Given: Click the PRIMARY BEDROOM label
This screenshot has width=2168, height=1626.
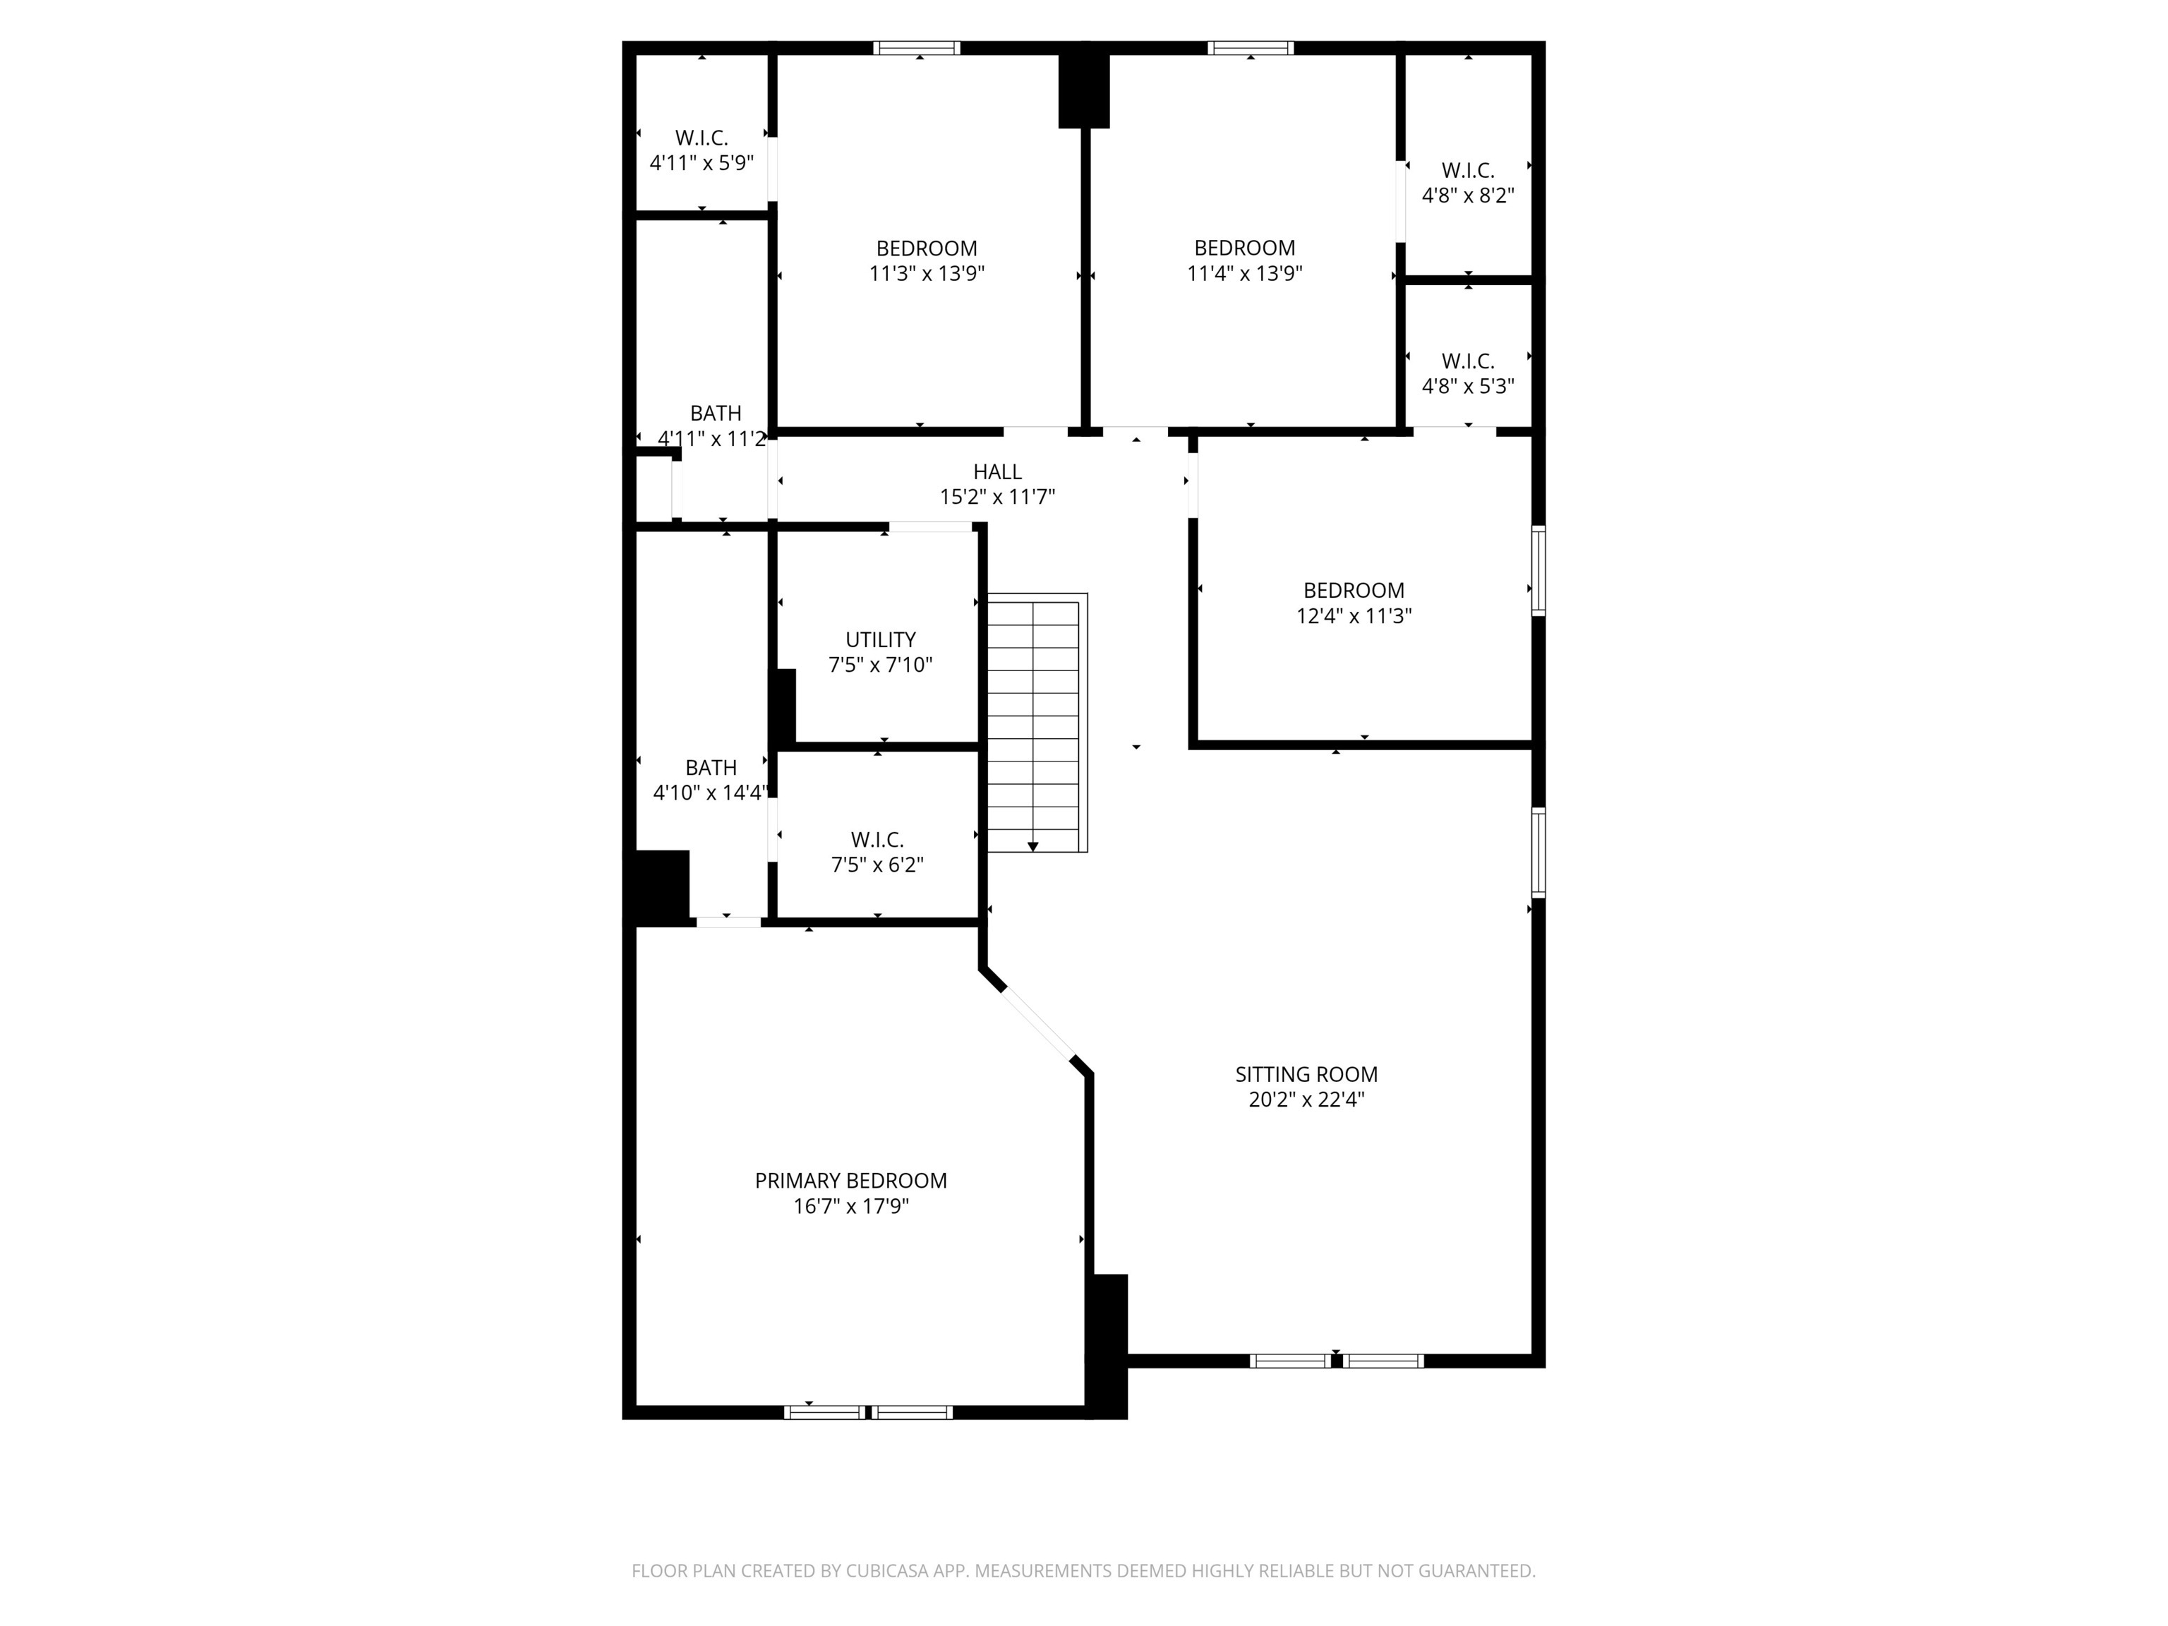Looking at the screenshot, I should tap(850, 1180).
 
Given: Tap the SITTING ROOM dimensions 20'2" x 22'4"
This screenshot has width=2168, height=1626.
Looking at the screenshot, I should tap(1306, 1100).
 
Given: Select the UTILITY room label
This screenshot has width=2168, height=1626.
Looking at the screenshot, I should tap(880, 639).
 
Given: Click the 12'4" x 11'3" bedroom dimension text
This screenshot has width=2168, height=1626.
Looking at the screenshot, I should tap(1354, 615).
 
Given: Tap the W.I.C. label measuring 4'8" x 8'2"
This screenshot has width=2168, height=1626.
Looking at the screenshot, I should tap(1467, 171).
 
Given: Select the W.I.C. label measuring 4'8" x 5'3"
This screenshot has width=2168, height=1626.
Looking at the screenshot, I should tap(1467, 361).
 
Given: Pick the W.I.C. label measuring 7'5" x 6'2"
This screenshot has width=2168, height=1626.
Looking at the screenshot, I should tap(877, 840).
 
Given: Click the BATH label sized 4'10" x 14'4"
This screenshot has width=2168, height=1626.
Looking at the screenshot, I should tap(711, 767).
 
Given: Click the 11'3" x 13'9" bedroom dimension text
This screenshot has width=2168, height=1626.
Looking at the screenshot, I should tap(926, 273).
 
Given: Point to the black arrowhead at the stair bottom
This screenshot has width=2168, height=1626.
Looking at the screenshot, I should tap(1032, 847).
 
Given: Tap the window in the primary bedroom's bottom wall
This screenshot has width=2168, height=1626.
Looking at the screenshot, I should tap(867, 1412).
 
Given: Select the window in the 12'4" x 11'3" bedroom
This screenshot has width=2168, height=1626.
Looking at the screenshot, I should tap(1538, 570).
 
